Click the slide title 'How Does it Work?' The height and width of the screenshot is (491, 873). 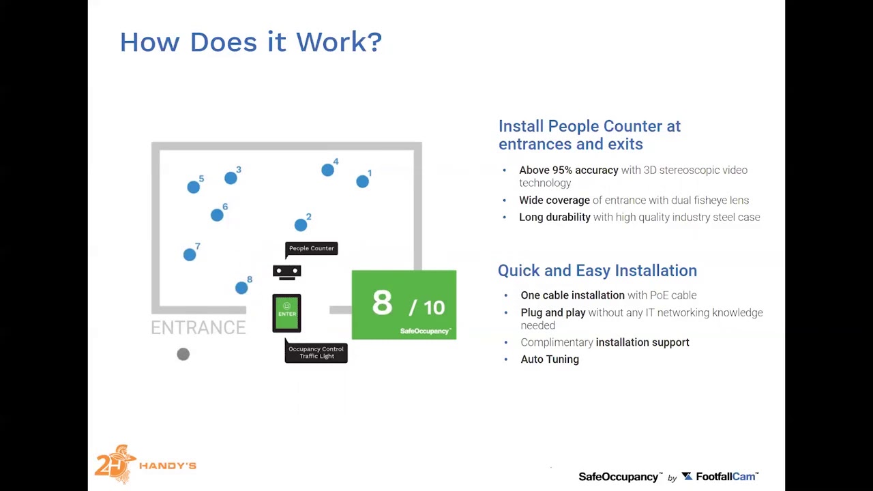click(250, 42)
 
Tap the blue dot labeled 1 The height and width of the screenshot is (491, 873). click(362, 181)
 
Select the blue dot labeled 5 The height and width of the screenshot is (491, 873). click(194, 187)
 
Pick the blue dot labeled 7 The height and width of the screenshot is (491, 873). click(190, 254)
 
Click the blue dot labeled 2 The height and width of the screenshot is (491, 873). click(301, 225)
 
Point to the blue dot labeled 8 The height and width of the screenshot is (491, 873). click(241, 288)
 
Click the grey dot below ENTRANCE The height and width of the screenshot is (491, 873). click(183, 354)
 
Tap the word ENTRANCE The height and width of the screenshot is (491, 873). click(198, 328)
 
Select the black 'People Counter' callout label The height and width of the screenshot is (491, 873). click(311, 248)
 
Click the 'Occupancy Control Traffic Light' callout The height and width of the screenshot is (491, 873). click(316, 353)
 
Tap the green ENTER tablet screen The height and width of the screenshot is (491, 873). click(286, 313)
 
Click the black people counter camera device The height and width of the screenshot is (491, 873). click(286, 272)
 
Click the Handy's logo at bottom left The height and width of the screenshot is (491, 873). click(145, 465)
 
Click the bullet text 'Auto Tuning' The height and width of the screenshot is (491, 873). click(550, 359)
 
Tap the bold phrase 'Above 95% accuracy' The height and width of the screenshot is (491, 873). click(568, 170)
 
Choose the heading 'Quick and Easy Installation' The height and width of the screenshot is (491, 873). click(597, 271)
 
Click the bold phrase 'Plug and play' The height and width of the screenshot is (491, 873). click(552, 313)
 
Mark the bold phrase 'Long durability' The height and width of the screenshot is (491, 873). click(554, 218)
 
